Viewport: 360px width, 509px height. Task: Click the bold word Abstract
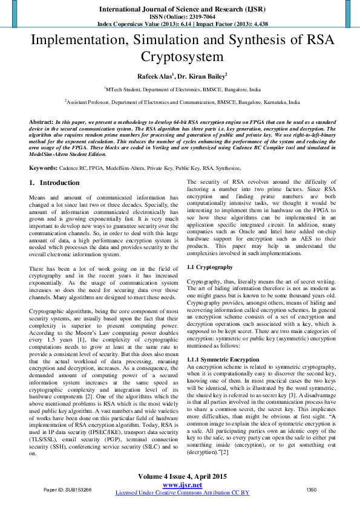coord(41,122)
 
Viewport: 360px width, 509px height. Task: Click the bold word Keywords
coord(44,167)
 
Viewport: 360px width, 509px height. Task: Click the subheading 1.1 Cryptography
coord(209,267)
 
